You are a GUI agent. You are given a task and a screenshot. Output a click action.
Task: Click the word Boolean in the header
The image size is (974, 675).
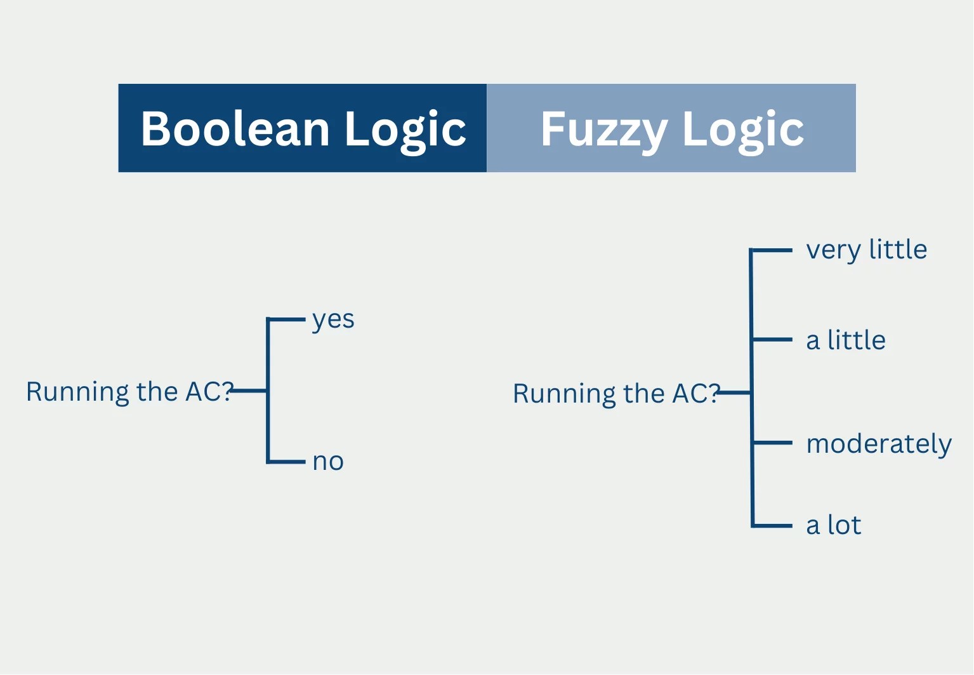235,129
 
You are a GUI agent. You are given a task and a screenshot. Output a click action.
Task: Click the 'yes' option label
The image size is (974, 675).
333,320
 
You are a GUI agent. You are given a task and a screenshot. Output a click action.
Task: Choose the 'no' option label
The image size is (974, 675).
328,462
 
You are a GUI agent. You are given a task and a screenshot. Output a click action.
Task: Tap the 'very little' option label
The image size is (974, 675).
866,250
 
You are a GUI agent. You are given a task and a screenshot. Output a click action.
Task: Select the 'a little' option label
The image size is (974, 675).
845,341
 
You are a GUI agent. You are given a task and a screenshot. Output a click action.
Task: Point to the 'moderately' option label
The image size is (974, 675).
879,444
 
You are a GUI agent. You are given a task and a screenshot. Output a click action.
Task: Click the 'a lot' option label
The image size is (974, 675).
833,526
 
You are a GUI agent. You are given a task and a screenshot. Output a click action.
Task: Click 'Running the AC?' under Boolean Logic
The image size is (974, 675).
129,392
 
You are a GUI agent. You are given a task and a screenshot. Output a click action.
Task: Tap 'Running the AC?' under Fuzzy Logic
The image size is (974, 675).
615,394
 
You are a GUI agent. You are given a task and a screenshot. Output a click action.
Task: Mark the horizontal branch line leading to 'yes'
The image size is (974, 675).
287,319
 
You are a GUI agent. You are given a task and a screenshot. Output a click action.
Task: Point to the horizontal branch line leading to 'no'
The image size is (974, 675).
287,462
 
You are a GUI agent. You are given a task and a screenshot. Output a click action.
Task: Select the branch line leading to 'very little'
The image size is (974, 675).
772,251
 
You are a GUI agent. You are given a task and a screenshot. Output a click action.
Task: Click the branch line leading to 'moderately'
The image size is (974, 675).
773,443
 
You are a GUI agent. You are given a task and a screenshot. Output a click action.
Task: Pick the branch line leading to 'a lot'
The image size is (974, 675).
773,526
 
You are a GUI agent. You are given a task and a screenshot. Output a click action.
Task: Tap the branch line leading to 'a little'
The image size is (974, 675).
772,340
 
